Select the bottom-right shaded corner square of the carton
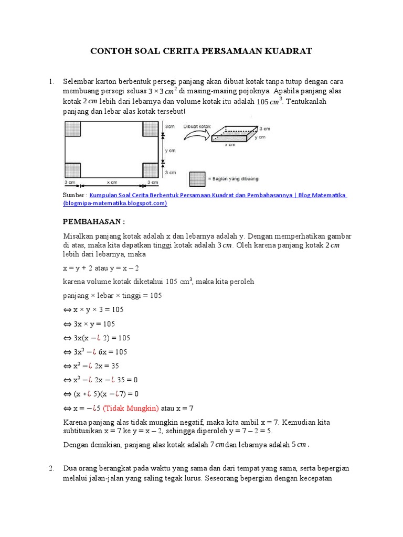[x=150, y=170]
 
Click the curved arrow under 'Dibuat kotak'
[x=195, y=135]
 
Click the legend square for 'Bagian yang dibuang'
[x=197, y=179]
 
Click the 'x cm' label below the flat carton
[x=111, y=182]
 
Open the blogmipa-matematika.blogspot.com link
[x=115, y=203]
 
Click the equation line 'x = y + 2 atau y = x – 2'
[x=101, y=267]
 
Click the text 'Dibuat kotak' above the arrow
[x=196, y=126]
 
